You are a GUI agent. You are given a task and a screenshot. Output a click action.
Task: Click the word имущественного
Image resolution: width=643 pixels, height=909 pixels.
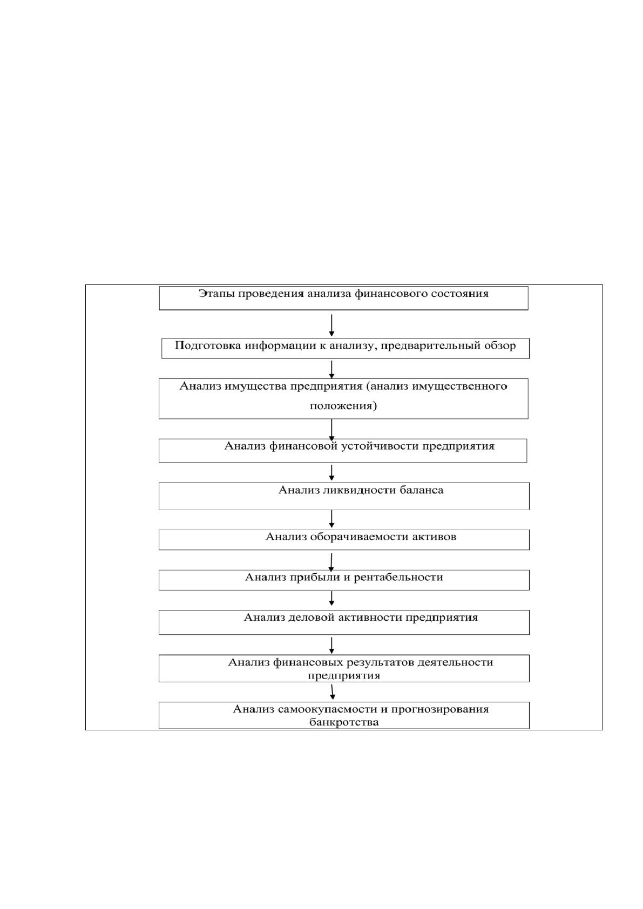[459, 386]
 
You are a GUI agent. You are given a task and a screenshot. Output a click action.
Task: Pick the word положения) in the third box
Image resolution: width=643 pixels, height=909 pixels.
[343, 406]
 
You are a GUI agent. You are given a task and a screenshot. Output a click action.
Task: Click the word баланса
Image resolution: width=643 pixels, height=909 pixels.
[421, 490]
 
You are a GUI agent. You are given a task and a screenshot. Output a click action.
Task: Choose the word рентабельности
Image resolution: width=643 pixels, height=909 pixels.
[398, 578]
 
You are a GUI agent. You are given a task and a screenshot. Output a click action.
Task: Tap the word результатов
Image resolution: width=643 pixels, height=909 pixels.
[380, 662]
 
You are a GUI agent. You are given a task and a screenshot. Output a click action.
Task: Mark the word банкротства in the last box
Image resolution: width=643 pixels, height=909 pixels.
[344, 722]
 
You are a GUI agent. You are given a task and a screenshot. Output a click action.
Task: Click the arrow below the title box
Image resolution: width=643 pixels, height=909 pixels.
[331, 325]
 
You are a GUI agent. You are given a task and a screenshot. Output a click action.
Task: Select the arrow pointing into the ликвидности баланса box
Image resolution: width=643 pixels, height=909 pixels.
[331, 473]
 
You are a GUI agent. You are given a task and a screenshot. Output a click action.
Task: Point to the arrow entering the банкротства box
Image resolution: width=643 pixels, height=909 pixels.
[332, 692]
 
